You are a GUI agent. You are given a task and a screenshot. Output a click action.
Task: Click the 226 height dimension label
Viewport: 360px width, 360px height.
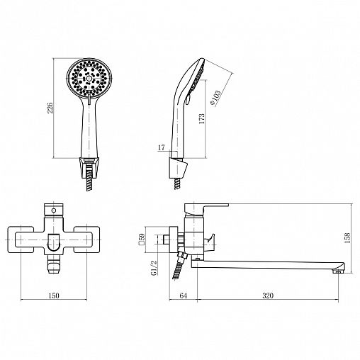(x=50, y=108)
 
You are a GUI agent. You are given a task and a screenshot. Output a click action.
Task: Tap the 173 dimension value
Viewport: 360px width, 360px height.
(x=202, y=119)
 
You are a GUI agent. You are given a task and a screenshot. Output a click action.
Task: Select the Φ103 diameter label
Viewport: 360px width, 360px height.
(x=215, y=98)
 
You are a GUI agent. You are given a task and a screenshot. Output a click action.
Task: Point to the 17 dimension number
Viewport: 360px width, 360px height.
(x=161, y=147)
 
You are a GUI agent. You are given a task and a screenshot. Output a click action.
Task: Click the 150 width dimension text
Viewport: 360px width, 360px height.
(x=54, y=296)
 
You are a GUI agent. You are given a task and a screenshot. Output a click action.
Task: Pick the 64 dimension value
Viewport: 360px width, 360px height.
(x=184, y=296)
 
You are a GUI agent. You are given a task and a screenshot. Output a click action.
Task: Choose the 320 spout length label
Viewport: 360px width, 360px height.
(x=268, y=296)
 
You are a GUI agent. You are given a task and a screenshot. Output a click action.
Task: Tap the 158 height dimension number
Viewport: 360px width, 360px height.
(x=347, y=238)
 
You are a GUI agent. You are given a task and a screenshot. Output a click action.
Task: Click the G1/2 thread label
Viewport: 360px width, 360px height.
(x=154, y=268)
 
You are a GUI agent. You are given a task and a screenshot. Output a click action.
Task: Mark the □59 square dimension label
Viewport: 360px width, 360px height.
(x=142, y=240)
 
